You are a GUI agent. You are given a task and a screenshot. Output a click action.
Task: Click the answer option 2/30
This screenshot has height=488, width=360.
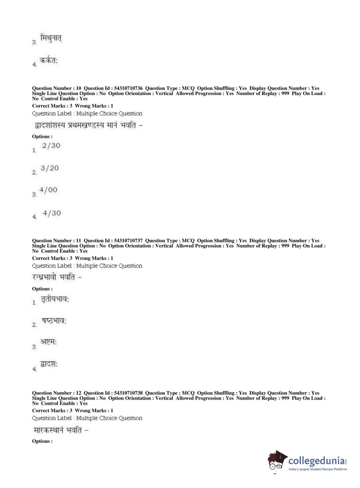pos(51,146)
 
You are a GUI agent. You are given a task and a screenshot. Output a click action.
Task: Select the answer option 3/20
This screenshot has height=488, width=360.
pos(50,168)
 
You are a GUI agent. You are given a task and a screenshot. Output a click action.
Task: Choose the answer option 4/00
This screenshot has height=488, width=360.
pos(48,190)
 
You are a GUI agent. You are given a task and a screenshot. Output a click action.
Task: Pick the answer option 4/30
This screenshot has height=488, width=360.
pos(52,213)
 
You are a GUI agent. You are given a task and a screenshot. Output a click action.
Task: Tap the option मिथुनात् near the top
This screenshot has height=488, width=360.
pos(51,38)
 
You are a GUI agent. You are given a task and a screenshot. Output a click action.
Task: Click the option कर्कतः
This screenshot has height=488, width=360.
pos(49,61)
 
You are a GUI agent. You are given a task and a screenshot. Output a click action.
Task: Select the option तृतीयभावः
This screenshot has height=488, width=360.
pos(55,299)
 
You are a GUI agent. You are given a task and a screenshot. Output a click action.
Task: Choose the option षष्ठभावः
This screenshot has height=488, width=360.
pos(54,321)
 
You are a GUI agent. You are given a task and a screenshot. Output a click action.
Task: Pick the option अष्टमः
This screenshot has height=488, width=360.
pos(49,342)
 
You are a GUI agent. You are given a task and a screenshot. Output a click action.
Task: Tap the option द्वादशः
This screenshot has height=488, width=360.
pos(49,364)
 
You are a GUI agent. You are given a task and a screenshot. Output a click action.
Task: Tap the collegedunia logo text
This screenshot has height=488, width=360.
pos(316,461)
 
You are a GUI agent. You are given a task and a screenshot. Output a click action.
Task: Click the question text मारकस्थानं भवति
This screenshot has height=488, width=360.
pos(60,430)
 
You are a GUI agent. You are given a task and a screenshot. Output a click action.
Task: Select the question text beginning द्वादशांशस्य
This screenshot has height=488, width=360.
pos(88,125)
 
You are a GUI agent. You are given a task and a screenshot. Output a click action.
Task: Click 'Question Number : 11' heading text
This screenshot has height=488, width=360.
pos(56,241)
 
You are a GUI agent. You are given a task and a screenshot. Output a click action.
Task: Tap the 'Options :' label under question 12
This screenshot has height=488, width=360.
pos(42,441)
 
